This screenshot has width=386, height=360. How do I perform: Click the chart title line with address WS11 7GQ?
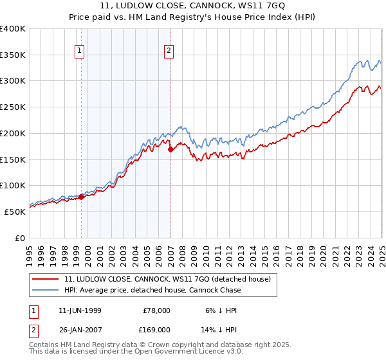(192, 7)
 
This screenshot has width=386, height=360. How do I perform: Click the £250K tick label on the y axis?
(13, 107)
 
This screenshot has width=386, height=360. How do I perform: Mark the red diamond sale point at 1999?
(82, 197)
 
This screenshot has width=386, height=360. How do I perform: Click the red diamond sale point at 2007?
(170, 150)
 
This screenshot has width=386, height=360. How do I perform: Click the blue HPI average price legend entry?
(152, 290)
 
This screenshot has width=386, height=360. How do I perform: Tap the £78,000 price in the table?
(154, 310)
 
